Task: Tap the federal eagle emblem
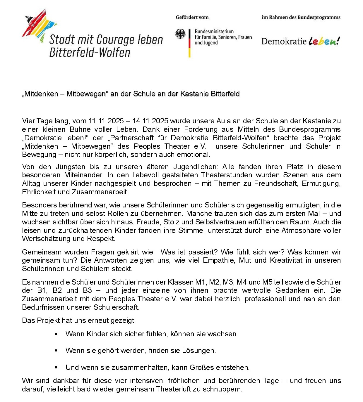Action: pyautogui.click(x=180, y=34)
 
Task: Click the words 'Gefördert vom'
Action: pyautogui.click(x=192, y=17)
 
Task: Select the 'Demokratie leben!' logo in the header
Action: pyautogui.click(x=301, y=41)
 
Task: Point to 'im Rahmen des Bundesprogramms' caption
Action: pyautogui.click(x=301, y=17)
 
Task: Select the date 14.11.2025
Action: pyautogui.click(x=150, y=121)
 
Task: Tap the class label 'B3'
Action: pyautogui.click(x=87, y=290)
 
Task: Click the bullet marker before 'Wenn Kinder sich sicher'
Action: pyautogui.click(x=56, y=334)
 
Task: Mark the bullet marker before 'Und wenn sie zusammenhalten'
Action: pyautogui.click(x=56, y=368)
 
